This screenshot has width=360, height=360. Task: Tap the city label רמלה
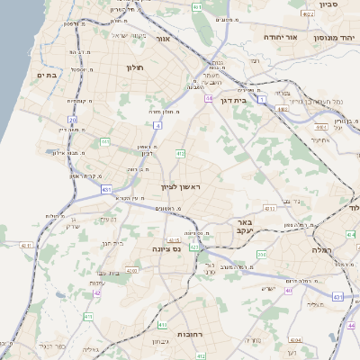[321, 248]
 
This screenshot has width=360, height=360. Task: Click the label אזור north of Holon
[163, 39]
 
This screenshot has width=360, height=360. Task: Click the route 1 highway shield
[262, 101]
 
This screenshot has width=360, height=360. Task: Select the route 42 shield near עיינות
[98, 292]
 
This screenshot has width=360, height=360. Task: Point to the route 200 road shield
[262, 256]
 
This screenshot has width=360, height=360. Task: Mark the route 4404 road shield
[295, 341]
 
